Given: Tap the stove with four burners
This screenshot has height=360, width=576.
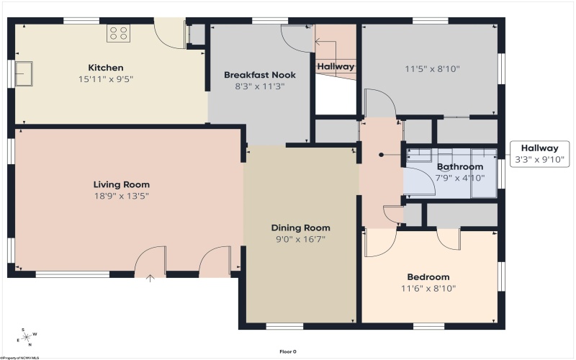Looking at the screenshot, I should pyautogui.click(x=117, y=33).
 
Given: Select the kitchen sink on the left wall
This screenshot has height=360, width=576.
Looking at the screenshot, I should pyautogui.click(x=25, y=73).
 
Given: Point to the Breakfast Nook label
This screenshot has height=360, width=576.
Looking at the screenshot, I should pyautogui.click(x=260, y=75).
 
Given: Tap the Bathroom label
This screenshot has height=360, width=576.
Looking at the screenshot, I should pyautogui.click(x=460, y=167).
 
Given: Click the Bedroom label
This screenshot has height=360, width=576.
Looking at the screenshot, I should pyautogui.click(x=428, y=277).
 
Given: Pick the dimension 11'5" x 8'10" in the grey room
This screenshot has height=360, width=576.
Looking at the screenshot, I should pyautogui.click(x=432, y=70).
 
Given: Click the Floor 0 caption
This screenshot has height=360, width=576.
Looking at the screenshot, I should pyautogui.click(x=288, y=351).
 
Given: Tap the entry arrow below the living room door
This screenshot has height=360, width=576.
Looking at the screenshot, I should pyautogui.click(x=150, y=278).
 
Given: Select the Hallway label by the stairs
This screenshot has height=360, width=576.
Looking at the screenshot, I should pyautogui.click(x=336, y=66).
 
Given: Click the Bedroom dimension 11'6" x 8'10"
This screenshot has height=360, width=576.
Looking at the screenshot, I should pyautogui.click(x=428, y=289).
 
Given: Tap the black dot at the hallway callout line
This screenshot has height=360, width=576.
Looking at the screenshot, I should pyautogui.click(x=382, y=154).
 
